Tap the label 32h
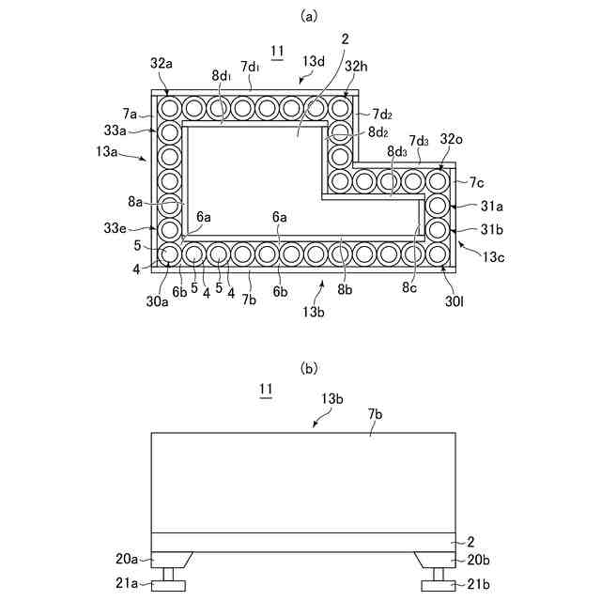pos(357,67)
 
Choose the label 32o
pos(452,139)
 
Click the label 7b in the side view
pos(376,413)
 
